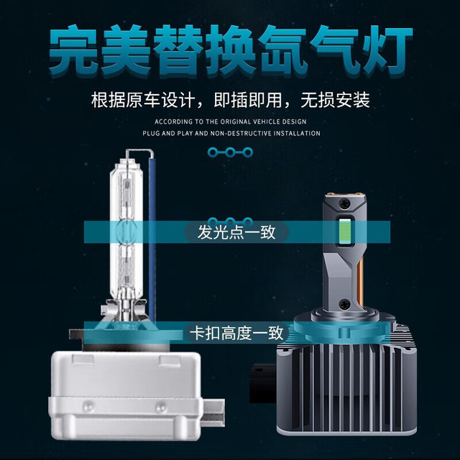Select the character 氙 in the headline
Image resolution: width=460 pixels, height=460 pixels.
click(283, 50)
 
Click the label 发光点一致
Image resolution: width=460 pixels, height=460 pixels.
click(236, 232)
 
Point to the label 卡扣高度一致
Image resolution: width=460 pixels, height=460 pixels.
click(236, 333)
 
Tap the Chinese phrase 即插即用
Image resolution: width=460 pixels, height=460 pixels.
click(247, 101)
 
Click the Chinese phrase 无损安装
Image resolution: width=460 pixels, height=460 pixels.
click(335, 101)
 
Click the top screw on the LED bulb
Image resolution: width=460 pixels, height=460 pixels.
click(344, 203)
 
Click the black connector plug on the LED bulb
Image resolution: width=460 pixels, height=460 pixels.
click(263, 383)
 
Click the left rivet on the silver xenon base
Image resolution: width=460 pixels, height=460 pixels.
click(88, 407)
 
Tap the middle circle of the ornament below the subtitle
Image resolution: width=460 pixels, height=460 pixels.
click(230, 152)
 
